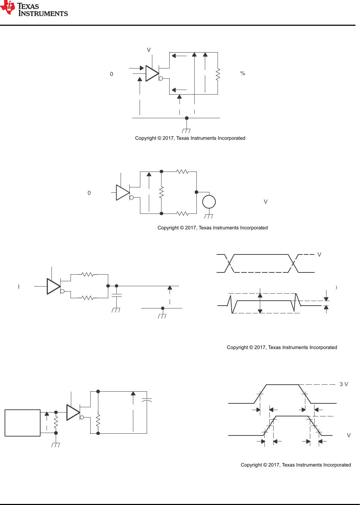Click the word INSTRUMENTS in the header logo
43,14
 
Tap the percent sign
243,73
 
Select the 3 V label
344,384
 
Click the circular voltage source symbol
209,202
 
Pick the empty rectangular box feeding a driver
23,423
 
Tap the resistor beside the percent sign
218,74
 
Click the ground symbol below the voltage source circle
209,216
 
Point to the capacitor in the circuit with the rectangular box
147,401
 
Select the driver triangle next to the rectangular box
73,412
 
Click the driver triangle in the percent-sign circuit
152,73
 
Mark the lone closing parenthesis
336,287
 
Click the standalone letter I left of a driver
19,287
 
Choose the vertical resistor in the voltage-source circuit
161,193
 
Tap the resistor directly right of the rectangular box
56,422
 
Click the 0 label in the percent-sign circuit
111,74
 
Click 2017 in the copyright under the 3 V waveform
274,465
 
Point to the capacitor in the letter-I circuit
116,296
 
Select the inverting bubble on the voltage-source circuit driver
132,198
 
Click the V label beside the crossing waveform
319,255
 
